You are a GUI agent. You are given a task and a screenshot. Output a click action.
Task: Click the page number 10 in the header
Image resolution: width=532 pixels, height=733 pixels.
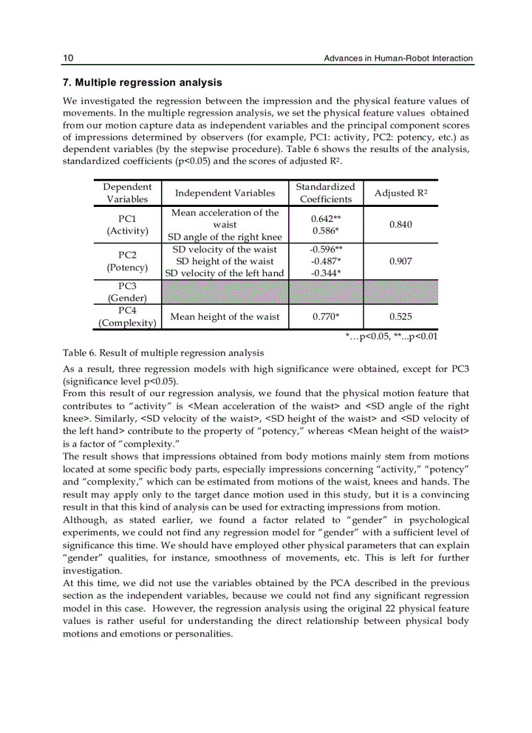68,58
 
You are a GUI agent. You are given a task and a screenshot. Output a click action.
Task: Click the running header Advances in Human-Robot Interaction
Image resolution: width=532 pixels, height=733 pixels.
398,58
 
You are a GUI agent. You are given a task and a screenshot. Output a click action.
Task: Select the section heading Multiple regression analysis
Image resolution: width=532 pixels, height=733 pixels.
142,83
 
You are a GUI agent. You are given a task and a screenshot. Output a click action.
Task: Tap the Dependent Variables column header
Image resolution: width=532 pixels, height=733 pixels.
127,193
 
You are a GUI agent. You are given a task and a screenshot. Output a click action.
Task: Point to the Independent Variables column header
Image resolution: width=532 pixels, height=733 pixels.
225,193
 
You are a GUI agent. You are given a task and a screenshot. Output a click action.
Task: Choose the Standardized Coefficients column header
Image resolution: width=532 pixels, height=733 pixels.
325,193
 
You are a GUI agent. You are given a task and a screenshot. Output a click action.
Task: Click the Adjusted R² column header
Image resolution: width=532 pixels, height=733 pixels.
400,193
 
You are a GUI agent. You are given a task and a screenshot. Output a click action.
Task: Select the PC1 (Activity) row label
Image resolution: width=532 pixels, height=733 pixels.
127,225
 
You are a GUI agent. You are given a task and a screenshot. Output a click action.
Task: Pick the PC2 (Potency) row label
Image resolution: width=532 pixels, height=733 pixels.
127,261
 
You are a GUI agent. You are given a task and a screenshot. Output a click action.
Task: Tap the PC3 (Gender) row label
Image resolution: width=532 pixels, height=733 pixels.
127,292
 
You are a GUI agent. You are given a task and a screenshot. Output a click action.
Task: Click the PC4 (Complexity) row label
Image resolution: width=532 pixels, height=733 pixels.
127,317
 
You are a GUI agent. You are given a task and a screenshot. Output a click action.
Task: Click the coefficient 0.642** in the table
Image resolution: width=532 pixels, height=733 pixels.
327,219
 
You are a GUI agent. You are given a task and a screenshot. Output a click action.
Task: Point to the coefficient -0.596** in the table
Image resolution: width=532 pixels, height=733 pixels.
326,249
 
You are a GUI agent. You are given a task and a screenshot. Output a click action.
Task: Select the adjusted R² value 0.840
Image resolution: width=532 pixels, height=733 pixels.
400,225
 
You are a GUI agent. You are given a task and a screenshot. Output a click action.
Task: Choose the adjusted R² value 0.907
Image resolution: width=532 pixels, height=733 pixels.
400,261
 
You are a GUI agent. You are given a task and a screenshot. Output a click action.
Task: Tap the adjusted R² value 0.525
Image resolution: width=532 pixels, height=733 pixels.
400,317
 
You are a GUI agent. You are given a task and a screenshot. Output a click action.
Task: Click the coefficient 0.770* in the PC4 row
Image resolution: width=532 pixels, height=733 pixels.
325,317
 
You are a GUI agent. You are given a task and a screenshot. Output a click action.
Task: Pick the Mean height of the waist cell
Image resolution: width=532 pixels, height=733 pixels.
225,317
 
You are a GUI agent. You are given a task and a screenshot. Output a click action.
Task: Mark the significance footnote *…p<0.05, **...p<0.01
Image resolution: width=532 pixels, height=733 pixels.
391,336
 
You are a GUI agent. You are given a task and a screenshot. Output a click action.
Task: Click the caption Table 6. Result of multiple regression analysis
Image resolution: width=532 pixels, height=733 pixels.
163,353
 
